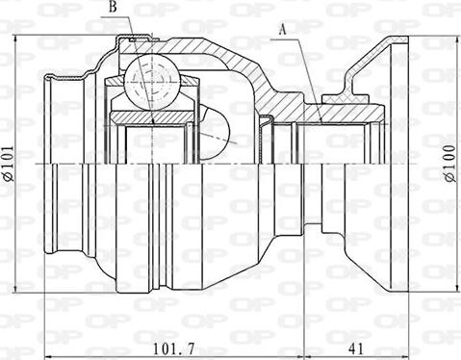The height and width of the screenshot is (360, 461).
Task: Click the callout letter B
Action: (113, 7)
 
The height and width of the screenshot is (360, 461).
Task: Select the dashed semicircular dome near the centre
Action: (214, 134)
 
